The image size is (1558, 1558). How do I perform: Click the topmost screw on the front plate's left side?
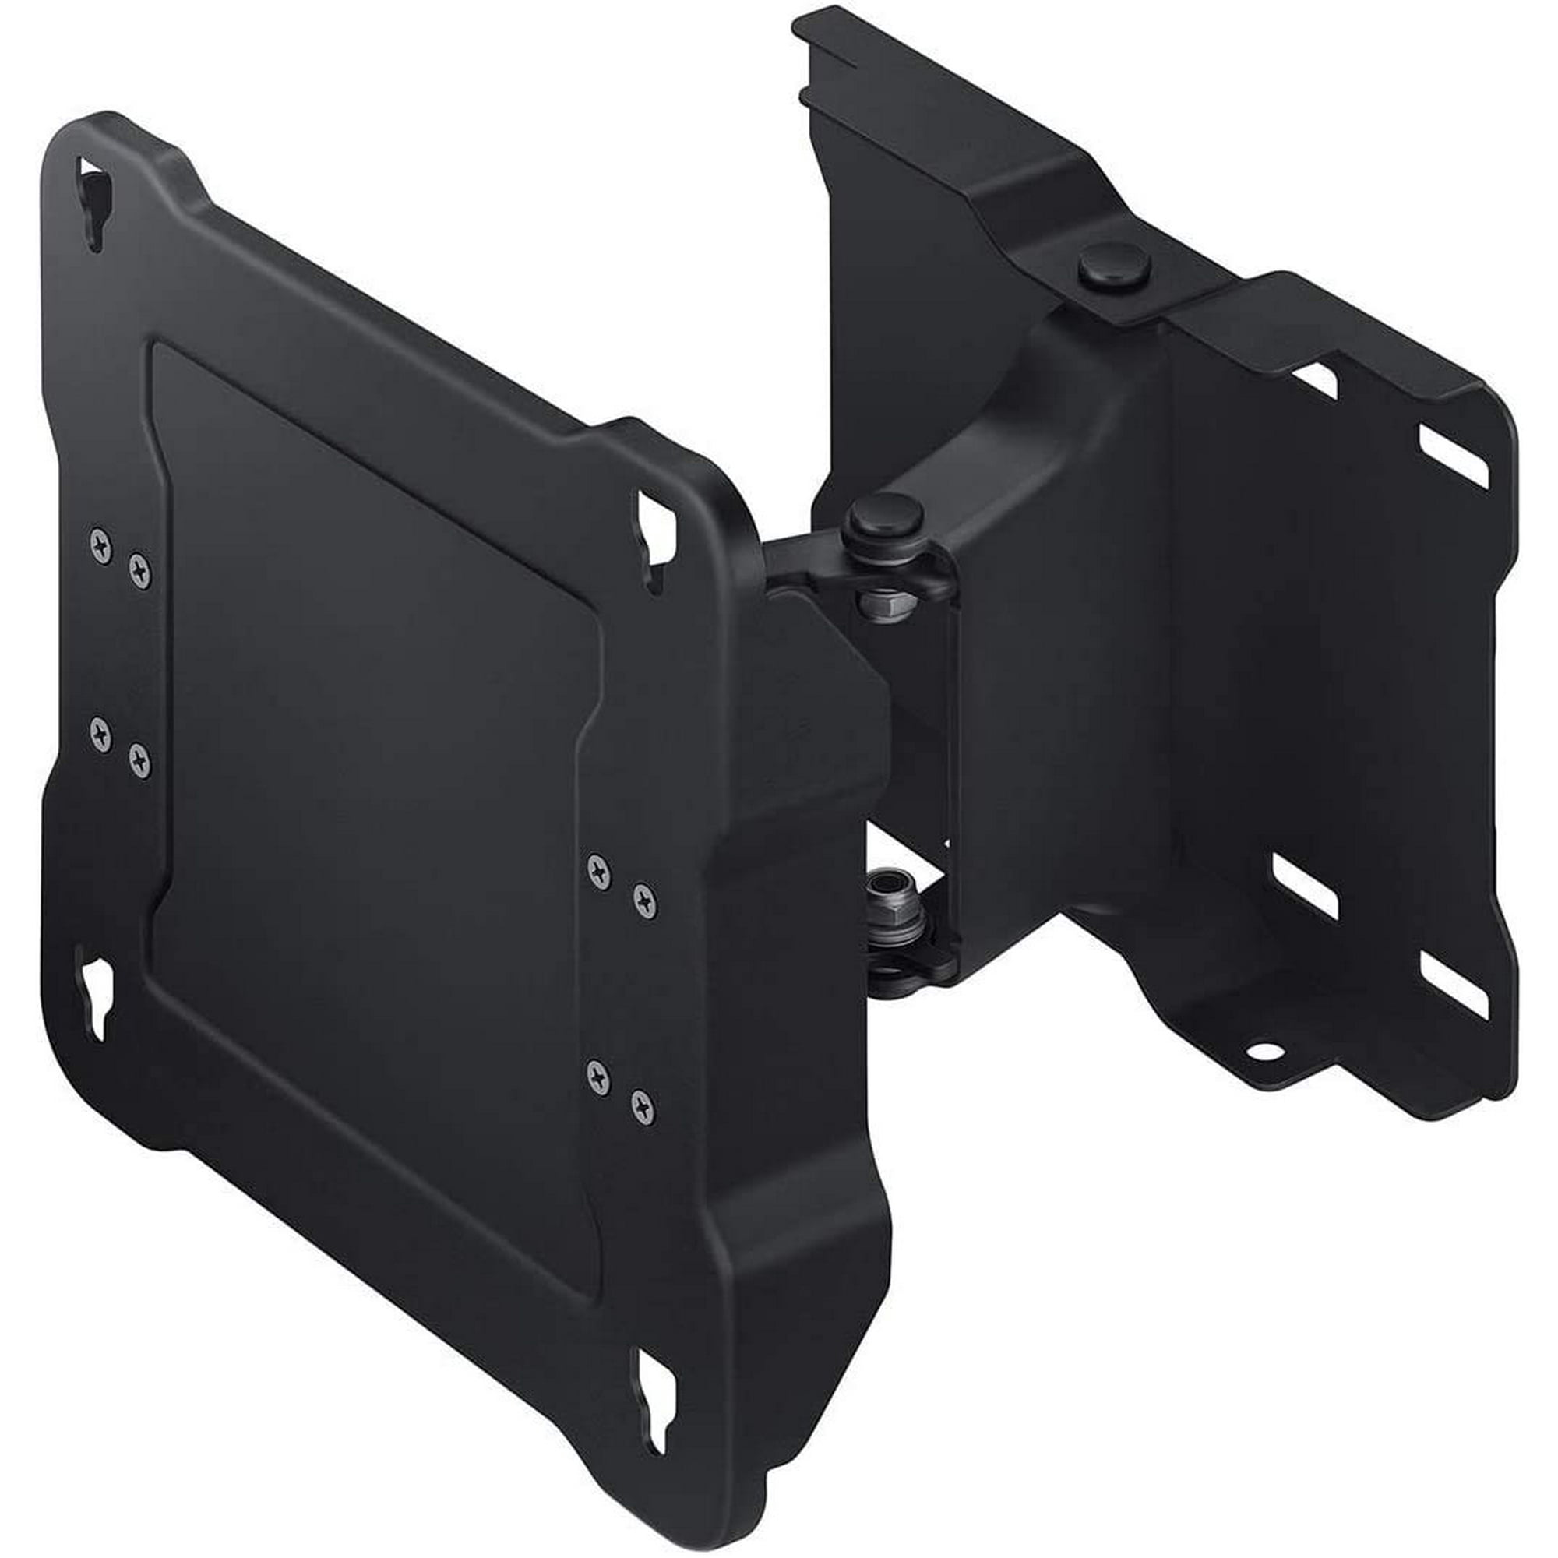point(100,546)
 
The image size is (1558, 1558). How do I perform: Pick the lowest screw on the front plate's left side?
point(139,760)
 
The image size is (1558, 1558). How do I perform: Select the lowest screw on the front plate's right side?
point(643,1106)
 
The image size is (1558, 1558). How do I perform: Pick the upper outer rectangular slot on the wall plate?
point(1452,456)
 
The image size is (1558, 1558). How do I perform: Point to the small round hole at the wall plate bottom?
point(1264,1050)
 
